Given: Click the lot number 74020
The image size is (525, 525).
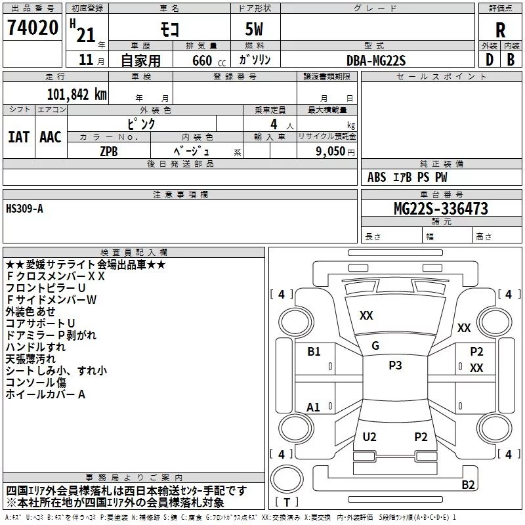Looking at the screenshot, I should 33,29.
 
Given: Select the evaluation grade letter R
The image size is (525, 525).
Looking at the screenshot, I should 500,30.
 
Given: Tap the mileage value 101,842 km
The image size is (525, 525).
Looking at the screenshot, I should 77,94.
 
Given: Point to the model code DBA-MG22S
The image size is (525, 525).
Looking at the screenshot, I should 376,60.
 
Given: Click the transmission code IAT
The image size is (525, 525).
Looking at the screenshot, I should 18,136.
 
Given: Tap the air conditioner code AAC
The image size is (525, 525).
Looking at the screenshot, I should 51,136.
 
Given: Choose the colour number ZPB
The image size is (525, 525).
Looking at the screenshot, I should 109,151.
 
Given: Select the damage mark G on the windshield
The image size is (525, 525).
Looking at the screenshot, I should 375,345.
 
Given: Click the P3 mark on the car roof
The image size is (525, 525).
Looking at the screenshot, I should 395,366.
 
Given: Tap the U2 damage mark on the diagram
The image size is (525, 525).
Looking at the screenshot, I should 369,437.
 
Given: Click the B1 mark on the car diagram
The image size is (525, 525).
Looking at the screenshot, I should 314,352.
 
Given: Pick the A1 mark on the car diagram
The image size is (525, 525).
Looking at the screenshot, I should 314,408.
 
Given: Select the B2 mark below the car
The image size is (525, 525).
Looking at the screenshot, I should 468,485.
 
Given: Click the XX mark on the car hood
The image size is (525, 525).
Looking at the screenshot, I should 366,316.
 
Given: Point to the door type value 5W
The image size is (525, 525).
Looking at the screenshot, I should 254,30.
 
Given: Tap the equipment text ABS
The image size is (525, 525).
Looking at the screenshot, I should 377,177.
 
